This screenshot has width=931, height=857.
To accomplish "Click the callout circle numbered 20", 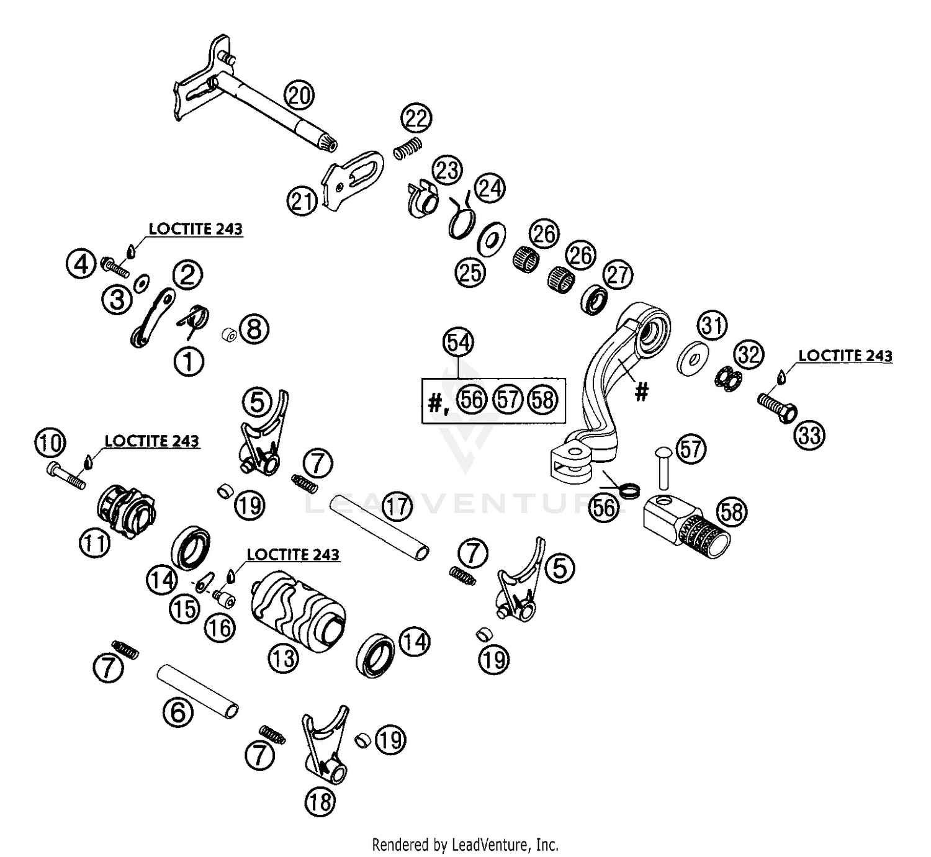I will (x=299, y=96).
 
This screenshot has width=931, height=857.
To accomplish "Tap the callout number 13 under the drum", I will (x=284, y=657).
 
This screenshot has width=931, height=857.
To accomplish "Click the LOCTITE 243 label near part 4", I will (x=196, y=228).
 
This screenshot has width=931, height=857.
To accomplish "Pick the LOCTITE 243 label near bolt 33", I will (x=845, y=356).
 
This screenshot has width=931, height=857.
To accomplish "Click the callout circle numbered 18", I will (x=320, y=803).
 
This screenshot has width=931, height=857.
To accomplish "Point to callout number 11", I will (x=94, y=544).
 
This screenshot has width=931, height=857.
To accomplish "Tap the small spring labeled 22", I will (x=410, y=150).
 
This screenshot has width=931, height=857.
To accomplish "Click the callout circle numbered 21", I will (x=302, y=201).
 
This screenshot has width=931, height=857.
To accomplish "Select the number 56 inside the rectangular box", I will (x=472, y=400).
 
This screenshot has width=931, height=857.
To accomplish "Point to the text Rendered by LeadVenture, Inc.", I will (x=465, y=844).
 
